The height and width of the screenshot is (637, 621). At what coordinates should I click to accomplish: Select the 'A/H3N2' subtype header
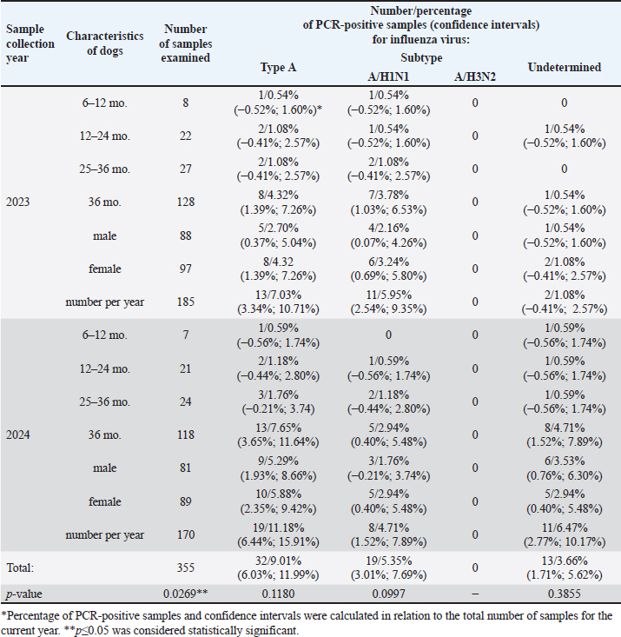473,76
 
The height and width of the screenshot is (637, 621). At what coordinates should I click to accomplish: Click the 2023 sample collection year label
19,202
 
